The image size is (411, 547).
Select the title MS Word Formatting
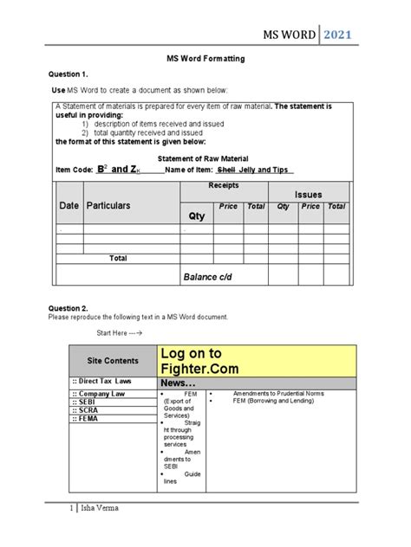(205, 57)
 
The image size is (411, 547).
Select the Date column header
(68, 206)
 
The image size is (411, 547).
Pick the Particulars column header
(108, 206)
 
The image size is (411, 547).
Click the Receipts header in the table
(224, 186)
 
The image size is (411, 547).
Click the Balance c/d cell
(208, 276)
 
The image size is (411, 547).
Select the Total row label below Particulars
(118, 258)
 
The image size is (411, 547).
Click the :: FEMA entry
(87, 419)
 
